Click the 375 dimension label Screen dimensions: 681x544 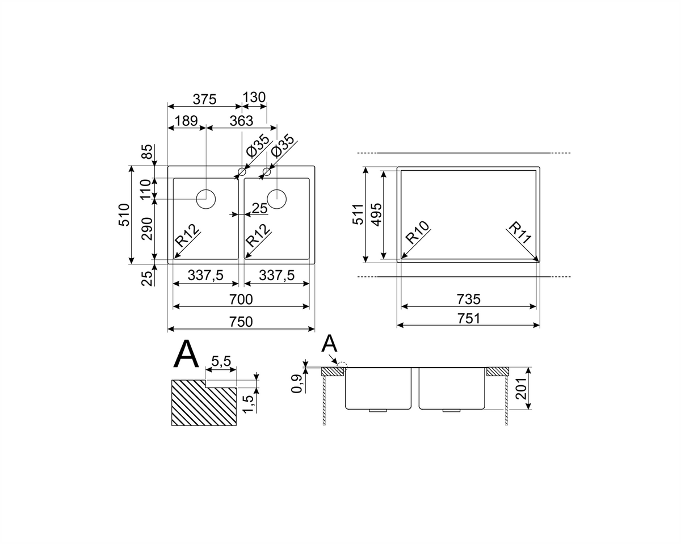coord(204,99)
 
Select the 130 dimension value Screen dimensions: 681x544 coord(254,98)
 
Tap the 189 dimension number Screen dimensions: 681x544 coord(186,121)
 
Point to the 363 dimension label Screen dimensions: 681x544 coord(241,121)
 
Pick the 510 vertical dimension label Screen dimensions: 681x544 coord(124,215)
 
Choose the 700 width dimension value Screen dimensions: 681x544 coord(241,299)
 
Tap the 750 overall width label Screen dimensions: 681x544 coord(241,322)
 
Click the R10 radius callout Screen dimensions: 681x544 coord(418,233)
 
